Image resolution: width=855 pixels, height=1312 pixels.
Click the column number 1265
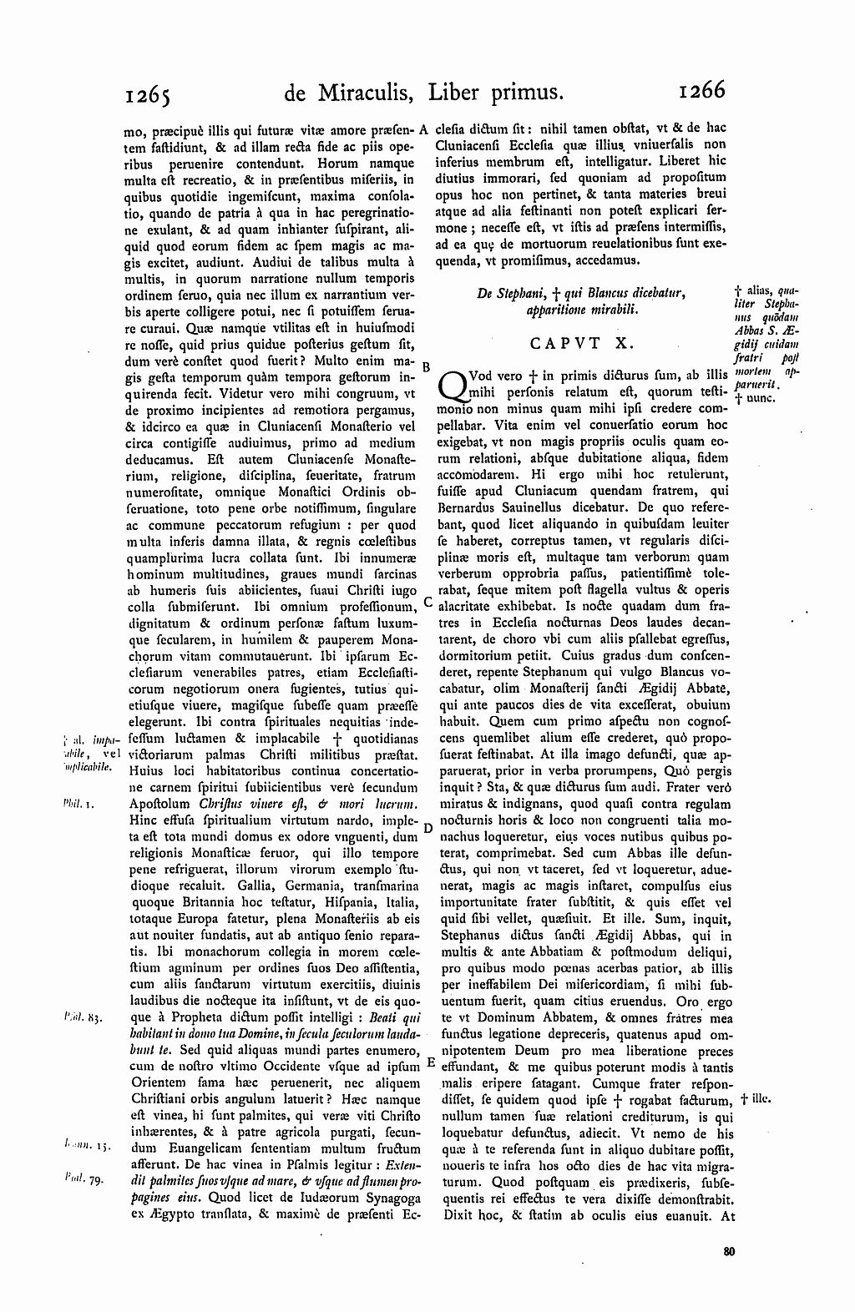[147, 91]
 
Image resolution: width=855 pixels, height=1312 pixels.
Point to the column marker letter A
[424, 129]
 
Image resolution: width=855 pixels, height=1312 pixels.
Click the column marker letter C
[427, 601]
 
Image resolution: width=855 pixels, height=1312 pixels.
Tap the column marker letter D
[427, 827]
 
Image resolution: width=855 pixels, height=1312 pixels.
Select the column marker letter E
[430, 1062]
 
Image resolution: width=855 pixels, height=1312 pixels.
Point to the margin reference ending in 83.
[82, 1017]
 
